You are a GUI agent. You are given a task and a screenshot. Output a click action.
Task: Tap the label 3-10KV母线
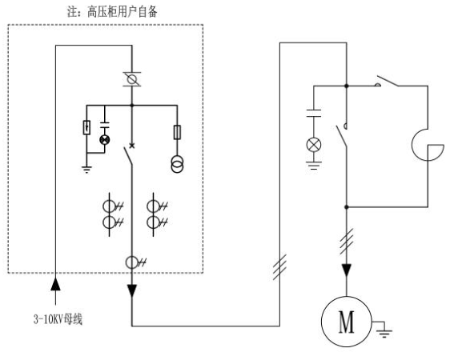click(58, 319)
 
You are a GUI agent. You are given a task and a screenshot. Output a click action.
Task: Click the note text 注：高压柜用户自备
click(112, 12)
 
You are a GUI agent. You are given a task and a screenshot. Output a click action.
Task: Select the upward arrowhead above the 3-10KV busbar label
click(55, 284)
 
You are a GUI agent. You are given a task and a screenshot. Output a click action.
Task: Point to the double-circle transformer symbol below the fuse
click(177, 164)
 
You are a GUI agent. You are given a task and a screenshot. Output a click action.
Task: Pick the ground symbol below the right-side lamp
click(314, 166)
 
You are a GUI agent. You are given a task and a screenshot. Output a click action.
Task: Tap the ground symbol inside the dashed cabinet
click(86, 170)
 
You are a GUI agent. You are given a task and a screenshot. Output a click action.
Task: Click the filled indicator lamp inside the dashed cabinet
click(105, 140)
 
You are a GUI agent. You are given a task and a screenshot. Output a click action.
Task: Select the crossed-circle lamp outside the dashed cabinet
click(314, 145)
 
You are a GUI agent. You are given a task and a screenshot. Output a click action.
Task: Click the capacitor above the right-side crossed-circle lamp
click(314, 113)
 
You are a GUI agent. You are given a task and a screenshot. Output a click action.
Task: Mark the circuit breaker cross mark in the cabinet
click(132, 146)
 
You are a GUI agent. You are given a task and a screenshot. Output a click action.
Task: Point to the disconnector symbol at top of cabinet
click(132, 79)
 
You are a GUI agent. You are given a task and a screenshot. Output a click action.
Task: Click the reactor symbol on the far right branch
click(428, 146)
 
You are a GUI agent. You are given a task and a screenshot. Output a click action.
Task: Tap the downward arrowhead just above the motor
click(346, 270)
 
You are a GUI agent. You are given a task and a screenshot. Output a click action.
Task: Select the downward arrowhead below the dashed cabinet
click(132, 291)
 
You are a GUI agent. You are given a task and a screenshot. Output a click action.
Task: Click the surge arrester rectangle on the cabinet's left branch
click(86, 127)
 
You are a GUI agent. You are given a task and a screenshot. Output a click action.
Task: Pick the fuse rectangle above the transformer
click(177, 133)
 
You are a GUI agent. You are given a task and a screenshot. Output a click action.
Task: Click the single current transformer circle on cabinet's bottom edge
click(132, 262)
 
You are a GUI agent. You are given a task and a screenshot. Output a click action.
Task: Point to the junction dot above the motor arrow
click(346, 207)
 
